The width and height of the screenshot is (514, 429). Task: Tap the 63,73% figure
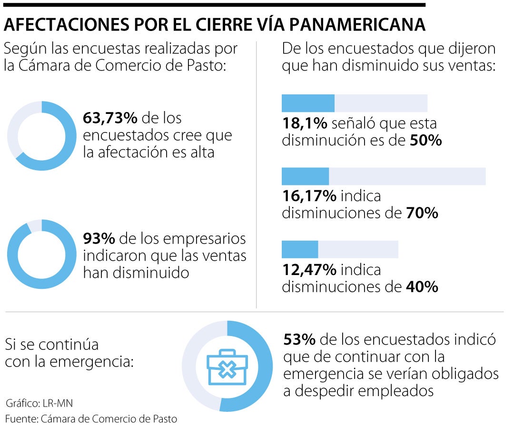tap(110, 117)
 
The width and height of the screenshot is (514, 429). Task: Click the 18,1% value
tap(305, 123)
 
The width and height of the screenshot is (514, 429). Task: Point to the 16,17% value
tap(309, 196)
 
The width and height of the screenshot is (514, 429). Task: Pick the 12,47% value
tap(309, 270)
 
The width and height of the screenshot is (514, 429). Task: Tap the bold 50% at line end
tap(426, 141)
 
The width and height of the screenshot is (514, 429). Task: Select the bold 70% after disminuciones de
tap(422, 213)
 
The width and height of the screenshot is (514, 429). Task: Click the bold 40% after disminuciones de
tap(422, 287)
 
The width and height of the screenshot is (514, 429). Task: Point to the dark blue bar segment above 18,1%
tap(308, 103)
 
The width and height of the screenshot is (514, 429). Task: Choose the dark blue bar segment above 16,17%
tap(305, 176)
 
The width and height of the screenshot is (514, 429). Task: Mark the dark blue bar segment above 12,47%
tap(300, 249)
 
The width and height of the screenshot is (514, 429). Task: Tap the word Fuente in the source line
tap(21, 419)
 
